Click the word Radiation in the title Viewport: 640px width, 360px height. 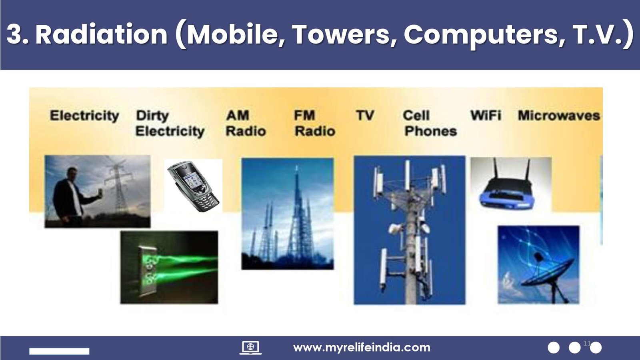coord(102,34)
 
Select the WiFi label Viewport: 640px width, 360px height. coord(486,116)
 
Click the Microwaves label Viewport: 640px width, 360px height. coord(559,116)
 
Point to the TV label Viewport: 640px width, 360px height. coord(365,116)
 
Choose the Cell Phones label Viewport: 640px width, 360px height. coord(430,123)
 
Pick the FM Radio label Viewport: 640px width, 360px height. coord(314,123)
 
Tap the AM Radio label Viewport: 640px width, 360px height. coord(246,123)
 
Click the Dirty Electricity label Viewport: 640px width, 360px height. coord(170,124)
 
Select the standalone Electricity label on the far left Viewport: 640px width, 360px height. coord(84,116)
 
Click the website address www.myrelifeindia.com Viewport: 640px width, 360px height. coord(362,348)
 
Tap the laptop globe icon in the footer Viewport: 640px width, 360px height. coord(250,348)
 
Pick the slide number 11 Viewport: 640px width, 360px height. coord(587,344)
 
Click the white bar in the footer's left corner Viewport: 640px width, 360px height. coord(59,351)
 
